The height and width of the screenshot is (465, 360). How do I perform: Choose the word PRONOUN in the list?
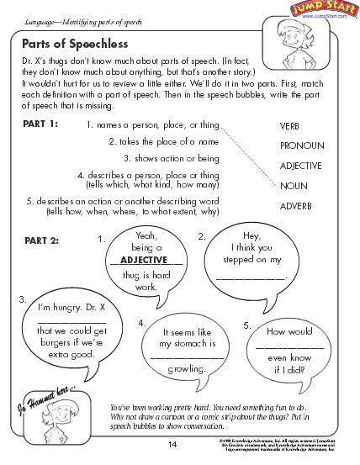301,145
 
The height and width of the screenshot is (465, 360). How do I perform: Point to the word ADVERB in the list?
296,204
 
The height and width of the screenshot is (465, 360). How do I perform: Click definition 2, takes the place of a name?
175,141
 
